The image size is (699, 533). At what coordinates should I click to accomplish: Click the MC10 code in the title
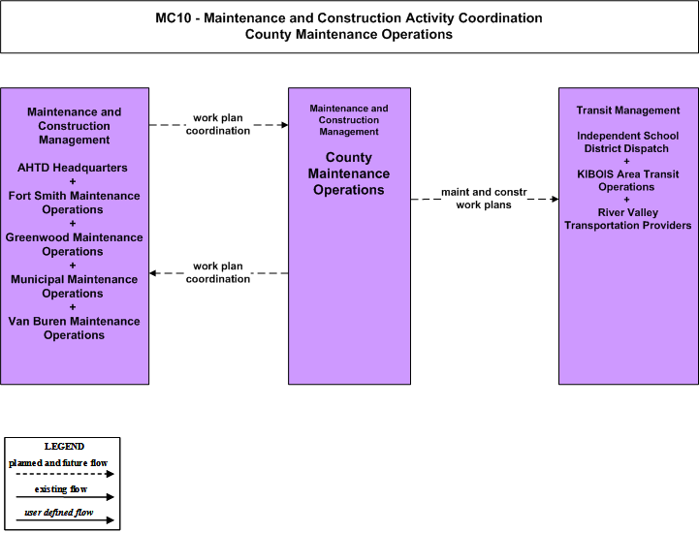tap(172, 17)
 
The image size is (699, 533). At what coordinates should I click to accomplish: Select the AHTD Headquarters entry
tap(72, 168)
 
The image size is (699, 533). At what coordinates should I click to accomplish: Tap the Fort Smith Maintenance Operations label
tap(74, 203)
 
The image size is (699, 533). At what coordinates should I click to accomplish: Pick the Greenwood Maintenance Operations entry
tap(74, 244)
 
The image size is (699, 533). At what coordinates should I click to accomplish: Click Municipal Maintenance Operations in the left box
tap(74, 286)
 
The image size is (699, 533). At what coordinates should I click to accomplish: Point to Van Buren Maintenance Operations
tap(74, 328)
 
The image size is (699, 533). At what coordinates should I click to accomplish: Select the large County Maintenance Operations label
tap(349, 173)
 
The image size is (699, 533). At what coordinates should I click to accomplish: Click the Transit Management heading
tap(627, 110)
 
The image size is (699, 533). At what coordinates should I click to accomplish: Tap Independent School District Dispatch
tap(627, 141)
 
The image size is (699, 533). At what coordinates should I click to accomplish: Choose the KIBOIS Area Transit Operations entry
tap(627, 180)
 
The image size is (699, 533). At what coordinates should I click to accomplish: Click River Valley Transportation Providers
tap(627, 218)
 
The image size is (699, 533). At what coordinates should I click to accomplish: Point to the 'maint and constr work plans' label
tap(484, 199)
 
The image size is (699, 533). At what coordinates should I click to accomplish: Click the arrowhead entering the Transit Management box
tap(555, 199)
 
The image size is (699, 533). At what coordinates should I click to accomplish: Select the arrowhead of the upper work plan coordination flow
tap(284, 125)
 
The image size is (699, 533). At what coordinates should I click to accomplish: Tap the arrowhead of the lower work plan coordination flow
tap(152, 272)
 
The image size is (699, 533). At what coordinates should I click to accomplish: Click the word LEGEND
tap(64, 446)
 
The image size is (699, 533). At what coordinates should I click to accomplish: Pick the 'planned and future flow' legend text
tap(58, 463)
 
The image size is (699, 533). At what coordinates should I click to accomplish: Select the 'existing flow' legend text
tap(61, 488)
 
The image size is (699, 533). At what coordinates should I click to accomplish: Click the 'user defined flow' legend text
tap(59, 512)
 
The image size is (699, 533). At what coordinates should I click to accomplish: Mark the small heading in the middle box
tap(349, 120)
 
